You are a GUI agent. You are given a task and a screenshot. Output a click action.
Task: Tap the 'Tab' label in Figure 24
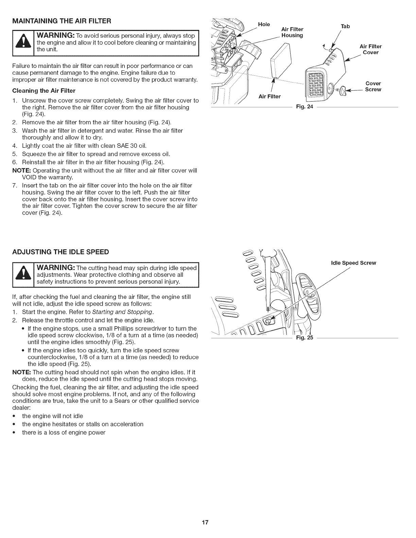pyautogui.click(x=345, y=26)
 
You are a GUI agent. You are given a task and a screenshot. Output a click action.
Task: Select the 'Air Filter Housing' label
pyautogui.click(x=292, y=32)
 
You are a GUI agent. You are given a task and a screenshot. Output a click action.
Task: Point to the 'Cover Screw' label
pyautogui.click(x=373, y=86)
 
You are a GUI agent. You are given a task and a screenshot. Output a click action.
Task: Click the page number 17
pyautogui.click(x=208, y=522)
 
